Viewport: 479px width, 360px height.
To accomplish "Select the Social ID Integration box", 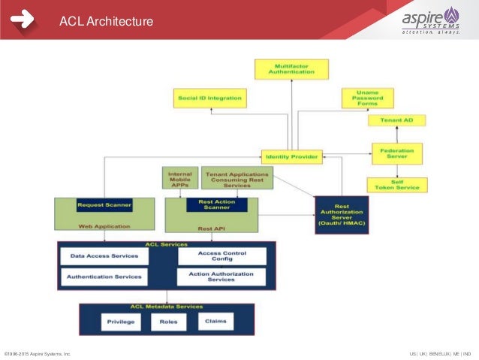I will pos(209,98).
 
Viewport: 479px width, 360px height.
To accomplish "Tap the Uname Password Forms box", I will pos(368,98).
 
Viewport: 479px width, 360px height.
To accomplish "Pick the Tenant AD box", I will pos(396,120).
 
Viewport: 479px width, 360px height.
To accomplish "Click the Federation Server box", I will pos(396,153).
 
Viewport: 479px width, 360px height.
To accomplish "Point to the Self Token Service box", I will pos(396,185).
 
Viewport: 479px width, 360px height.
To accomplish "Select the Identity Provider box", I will pos(292,157).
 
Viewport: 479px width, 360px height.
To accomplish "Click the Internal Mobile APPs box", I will pos(179,177).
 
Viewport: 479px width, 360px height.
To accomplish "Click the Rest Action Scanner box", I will pos(211,204).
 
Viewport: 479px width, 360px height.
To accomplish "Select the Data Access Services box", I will pos(104,256).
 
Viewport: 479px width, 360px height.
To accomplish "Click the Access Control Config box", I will pos(221,256).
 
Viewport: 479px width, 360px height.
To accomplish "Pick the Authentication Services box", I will pos(104,277).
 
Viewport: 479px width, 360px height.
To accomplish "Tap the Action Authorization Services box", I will pos(221,277).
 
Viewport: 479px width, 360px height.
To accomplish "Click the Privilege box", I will pos(121,322).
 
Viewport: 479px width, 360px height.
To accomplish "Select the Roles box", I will pos(169,322).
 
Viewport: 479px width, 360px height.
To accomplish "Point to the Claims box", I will pos(215,321).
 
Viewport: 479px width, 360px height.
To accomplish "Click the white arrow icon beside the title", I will pos(23,20).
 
